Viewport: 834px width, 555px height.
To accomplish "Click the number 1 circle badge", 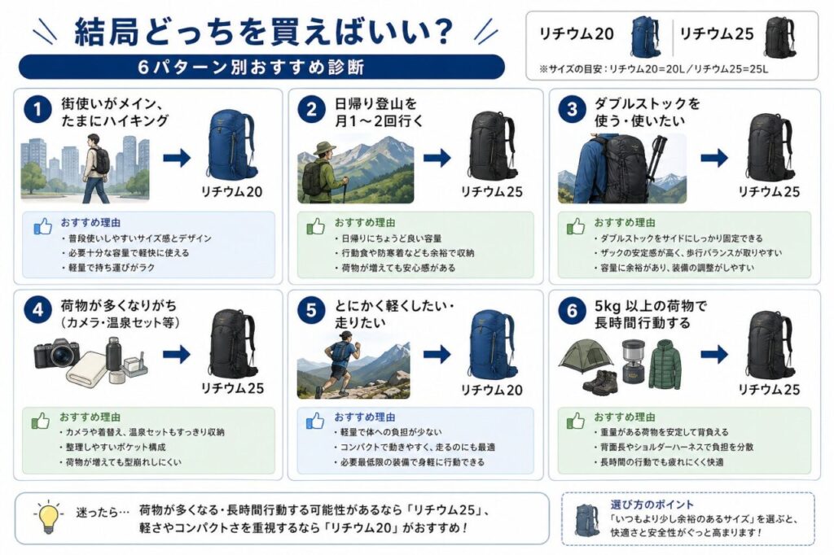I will point(35,110).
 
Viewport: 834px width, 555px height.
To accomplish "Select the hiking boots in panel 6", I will point(602,382).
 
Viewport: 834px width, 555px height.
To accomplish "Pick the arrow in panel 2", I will point(437,158).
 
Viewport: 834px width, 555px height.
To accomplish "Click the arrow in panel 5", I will point(437,354).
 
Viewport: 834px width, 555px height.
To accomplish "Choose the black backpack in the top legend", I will point(779,37).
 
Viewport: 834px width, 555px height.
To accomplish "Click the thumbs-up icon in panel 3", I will point(576,226).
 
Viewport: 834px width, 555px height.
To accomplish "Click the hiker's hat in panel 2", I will point(324,149).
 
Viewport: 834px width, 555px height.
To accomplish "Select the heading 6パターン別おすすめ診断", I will point(261,66).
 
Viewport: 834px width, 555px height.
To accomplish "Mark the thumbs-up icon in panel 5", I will point(315,422).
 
